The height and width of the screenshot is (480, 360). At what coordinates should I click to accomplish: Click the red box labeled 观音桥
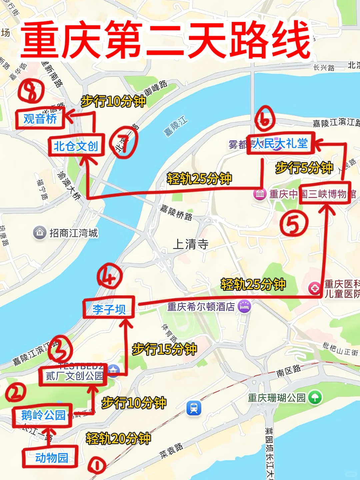point(40,119)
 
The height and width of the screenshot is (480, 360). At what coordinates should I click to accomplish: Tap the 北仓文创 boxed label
point(76,146)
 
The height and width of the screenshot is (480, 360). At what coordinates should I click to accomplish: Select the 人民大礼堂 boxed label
point(280,144)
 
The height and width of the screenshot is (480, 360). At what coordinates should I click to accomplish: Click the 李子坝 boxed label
point(109,309)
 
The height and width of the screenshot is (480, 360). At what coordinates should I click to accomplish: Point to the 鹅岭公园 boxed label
point(43,415)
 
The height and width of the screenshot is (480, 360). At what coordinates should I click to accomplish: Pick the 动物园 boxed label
point(51,457)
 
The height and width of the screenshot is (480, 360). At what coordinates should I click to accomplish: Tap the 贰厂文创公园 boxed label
point(73,376)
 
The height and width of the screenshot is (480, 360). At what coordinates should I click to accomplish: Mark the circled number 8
point(31,91)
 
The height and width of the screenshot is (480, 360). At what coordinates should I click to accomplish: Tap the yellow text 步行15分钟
point(164,349)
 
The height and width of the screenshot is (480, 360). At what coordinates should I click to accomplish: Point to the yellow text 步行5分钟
point(304,167)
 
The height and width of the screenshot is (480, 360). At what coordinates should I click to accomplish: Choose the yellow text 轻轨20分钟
point(118,438)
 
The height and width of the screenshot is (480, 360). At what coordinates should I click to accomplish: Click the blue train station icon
point(194,408)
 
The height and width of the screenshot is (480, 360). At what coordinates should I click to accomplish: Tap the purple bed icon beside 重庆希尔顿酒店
point(244,306)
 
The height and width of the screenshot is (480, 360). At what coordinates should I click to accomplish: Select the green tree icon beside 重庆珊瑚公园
point(315,397)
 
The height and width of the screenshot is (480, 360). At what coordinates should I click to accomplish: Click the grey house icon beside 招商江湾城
point(40,232)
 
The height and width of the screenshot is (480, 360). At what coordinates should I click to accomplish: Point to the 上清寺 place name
point(191,244)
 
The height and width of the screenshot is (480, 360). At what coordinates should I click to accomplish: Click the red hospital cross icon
point(314,288)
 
